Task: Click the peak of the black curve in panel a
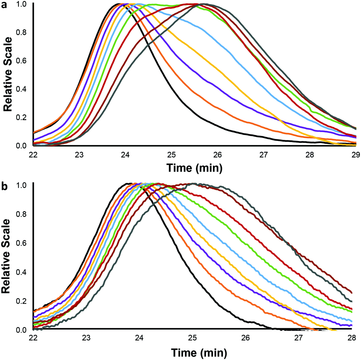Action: [x=119, y=4]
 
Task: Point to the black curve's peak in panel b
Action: [x=130, y=184]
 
